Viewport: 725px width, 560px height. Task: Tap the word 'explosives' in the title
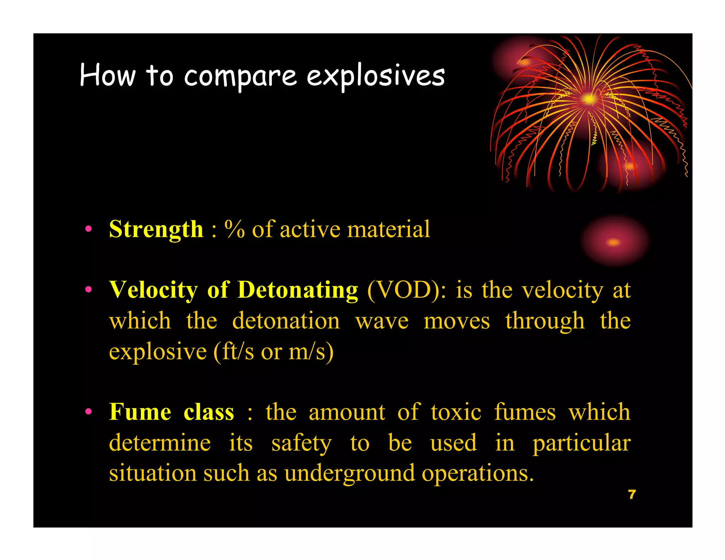point(375,76)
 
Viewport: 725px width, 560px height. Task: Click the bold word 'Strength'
point(156,230)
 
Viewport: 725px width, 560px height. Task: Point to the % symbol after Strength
point(234,229)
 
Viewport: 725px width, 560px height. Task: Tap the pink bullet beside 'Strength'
point(89,229)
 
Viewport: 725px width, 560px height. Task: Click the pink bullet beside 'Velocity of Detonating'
point(89,290)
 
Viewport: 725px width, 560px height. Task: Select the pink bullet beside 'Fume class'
point(89,412)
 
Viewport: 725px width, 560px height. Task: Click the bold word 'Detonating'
point(297,290)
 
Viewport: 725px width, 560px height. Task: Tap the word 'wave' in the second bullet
point(382,321)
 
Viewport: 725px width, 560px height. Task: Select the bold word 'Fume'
point(140,412)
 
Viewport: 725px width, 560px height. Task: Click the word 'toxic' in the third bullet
point(456,412)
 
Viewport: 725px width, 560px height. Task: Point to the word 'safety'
point(301,443)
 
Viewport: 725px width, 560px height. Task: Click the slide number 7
point(632,495)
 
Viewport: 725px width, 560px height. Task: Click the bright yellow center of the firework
point(588,99)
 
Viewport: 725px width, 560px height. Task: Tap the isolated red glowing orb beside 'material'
point(614,242)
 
